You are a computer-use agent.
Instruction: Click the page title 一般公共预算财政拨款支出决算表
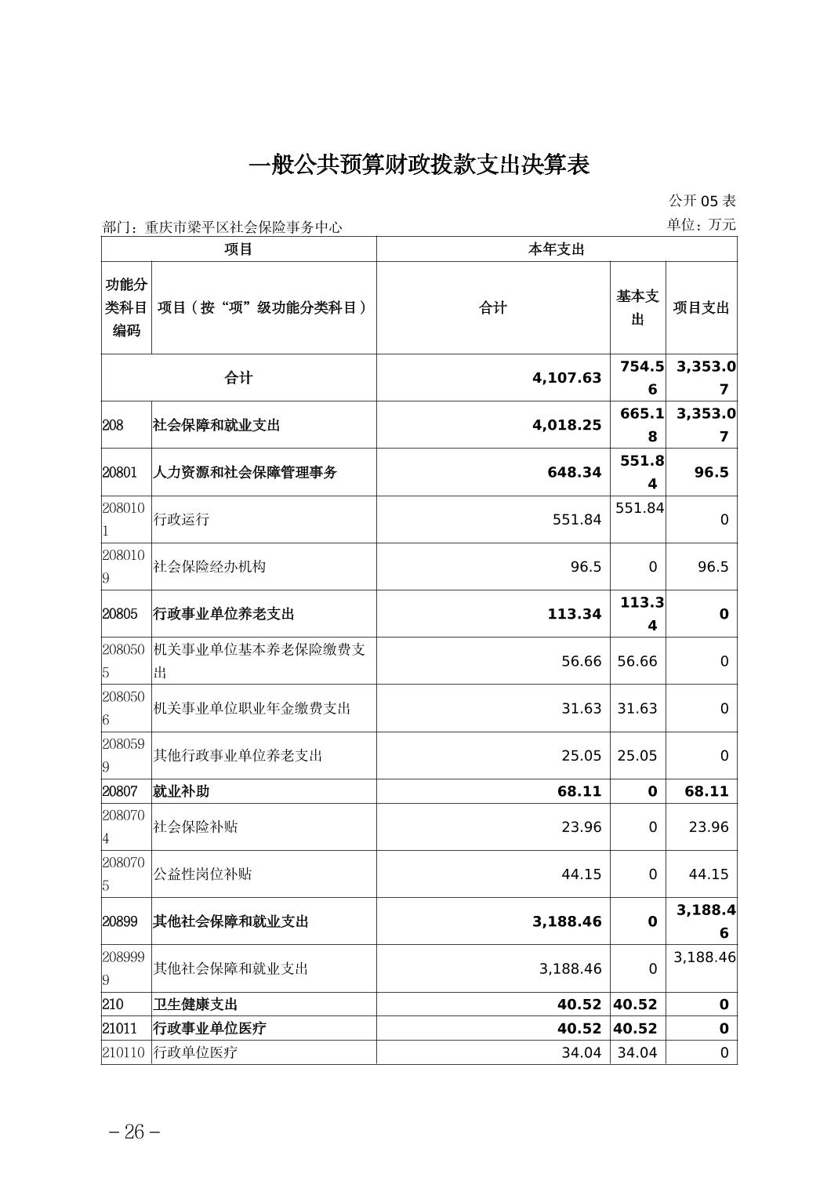(419, 165)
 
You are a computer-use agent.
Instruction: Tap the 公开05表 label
(702, 201)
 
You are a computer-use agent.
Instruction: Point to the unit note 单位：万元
(701, 224)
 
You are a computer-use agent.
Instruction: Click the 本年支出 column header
(556, 249)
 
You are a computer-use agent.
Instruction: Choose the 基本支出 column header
(637, 307)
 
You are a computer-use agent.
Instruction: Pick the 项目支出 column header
(701, 307)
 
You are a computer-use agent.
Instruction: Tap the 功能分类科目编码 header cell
(126, 307)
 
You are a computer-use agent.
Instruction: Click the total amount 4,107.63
(566, 378)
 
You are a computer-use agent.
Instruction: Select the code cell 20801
(119, 472)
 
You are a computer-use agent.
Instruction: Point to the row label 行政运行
(181, 519)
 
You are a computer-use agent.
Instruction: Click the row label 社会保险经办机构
(209, 566)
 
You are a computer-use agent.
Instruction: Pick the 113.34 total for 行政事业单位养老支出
(575, 614)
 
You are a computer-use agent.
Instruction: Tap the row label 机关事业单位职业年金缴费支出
(252, 708)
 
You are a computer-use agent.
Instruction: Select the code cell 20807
(119, 791)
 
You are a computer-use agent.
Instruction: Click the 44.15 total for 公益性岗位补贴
(581, 874)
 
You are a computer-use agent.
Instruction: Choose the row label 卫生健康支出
(195, 1005)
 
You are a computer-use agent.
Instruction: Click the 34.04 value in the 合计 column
(581, 1052)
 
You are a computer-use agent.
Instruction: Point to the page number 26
(135, 1132)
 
